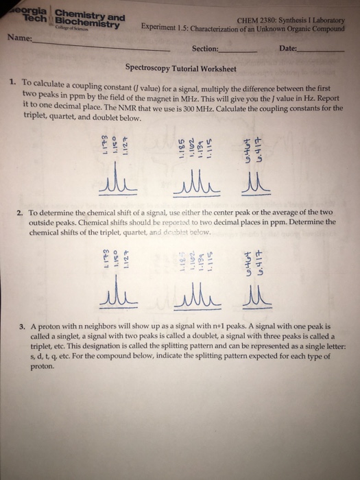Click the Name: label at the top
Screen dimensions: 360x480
19,40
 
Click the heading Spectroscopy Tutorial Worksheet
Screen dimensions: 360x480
180,69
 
